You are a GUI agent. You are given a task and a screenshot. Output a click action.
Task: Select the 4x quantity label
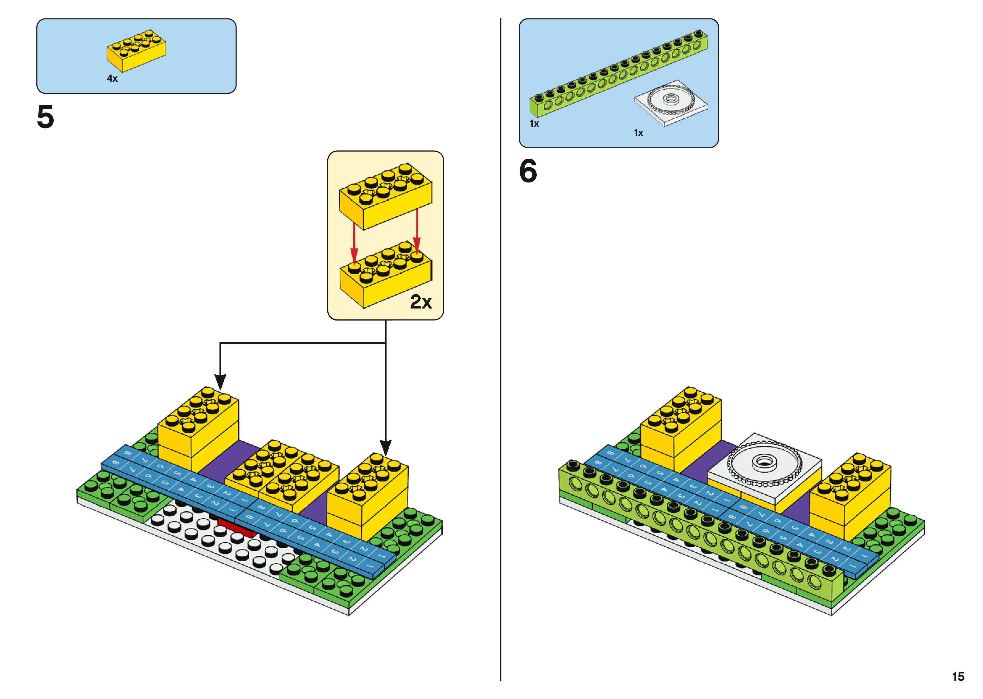pyautogui.click(x=112, y=78)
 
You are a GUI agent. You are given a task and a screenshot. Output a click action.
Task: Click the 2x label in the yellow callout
pyautogui.click(x=420, y=302)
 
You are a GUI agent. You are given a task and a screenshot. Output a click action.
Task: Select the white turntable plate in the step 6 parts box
pyautogui.click(x=670, y=103)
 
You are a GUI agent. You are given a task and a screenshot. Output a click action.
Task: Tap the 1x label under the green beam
pyautogui.click(x=534, y=124)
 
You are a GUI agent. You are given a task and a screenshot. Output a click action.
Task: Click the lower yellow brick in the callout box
pyautogui.click(x=386, y=276)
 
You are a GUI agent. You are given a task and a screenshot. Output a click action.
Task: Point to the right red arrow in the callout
pyautogui.click(x=417, y=232)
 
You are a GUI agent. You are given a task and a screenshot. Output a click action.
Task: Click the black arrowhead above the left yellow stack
pyautogui.click(x=220, y=381)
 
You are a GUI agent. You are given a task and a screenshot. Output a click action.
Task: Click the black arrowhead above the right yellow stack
pyautogui.click(x=386, y=448)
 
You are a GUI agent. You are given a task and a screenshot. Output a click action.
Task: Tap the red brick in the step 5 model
pyautogui.click(x=237, y=529)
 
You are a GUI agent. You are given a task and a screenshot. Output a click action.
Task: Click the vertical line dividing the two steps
pyautogui.click(x=501, y=344)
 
